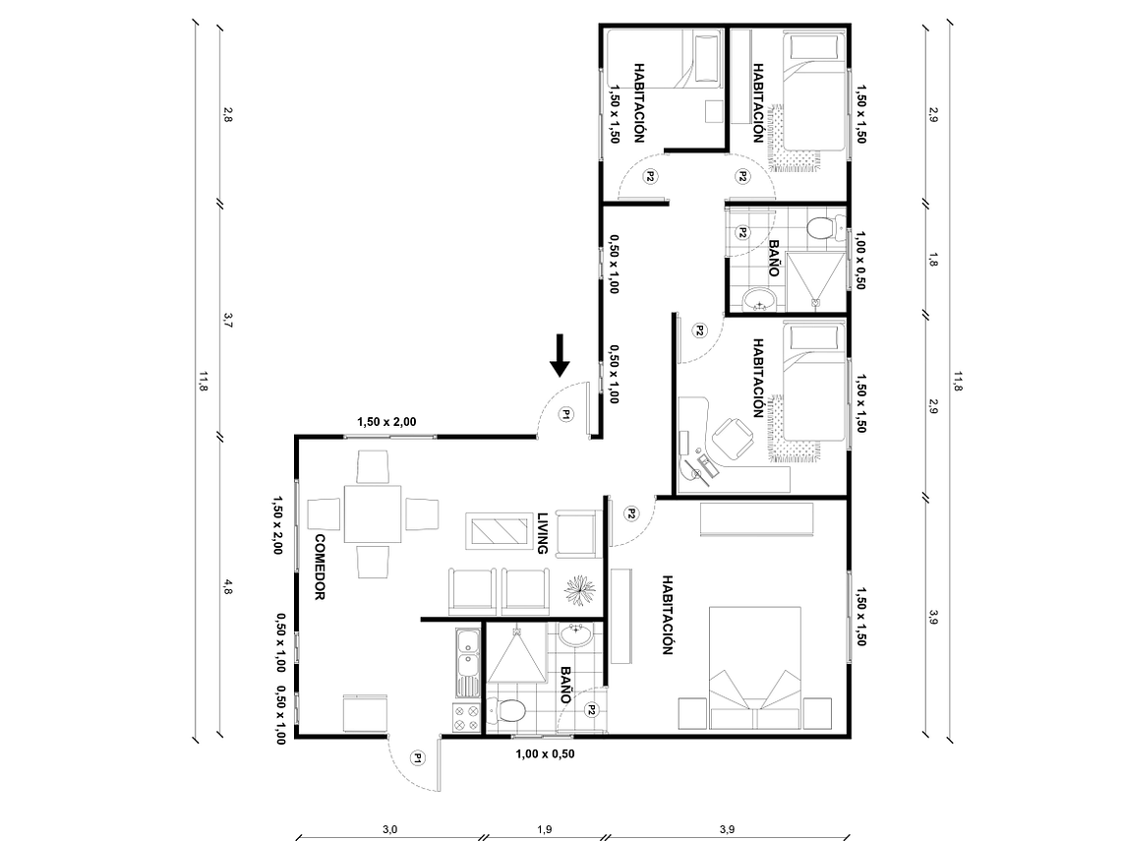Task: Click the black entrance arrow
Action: (x=560, y=356)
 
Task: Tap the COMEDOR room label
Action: (x=319, y=568)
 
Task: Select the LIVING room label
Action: (x=542, y=534)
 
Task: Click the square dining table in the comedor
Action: (x=373, y=513)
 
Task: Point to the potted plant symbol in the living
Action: (x=579, y=589)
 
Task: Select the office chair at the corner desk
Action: (x=731, y=438)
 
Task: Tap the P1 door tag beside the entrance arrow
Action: (x=566, y=415)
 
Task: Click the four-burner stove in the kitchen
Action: (x=465, y=714)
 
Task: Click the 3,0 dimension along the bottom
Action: (x=389, y=829)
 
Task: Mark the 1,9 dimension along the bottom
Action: (x=544, y=829)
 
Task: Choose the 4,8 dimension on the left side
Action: (x=228, y=587)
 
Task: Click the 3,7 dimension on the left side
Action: (x=228, y=320)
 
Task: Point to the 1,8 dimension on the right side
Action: (x=933, y=261)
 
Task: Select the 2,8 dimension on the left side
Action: (x=228, y=113)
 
